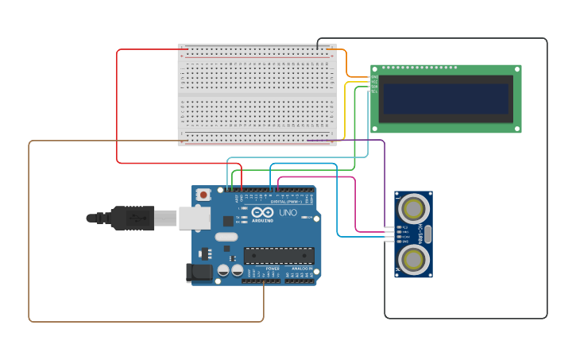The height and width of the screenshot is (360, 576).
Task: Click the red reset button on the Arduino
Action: point(203,194)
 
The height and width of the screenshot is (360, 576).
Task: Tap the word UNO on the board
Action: point(287,213)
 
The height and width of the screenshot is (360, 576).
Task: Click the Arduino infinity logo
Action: point(262,212)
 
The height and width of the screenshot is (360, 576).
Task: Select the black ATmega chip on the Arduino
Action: point(279,255)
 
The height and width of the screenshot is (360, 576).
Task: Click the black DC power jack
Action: point(199,273)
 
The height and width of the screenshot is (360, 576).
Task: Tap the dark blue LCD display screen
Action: point(445,99)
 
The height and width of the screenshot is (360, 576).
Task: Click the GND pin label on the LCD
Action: point(374,77)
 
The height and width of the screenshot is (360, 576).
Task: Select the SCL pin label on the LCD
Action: point(374,91)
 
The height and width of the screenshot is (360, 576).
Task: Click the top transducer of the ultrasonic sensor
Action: point(413,209)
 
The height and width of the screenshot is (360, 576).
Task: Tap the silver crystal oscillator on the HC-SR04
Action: point(427,234)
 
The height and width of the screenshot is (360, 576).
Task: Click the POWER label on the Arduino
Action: point(273,269)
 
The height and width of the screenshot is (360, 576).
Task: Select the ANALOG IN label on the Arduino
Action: point(302,269)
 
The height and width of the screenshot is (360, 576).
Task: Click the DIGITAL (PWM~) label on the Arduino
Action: point(284,201)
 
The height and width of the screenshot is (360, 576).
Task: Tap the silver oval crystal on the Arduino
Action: point(226,236)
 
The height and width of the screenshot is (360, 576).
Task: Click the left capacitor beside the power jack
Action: point(224,270)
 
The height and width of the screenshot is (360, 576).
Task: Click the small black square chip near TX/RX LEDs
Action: point(229,222)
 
